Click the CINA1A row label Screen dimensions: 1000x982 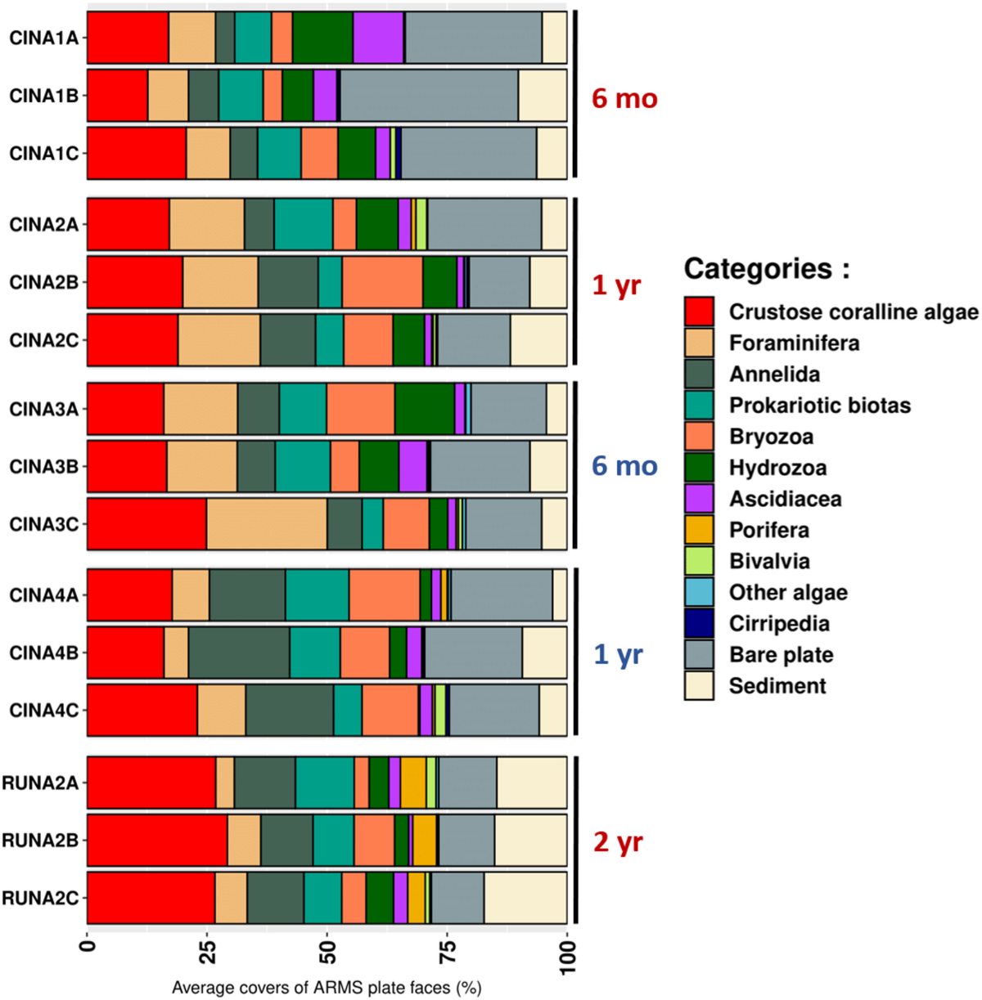click(43, 38)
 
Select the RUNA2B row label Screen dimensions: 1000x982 click(40, 841)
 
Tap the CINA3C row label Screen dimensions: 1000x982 click(43, 524)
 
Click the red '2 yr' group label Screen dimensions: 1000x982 click(618, 842)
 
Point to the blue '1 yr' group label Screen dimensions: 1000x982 click(618, 654)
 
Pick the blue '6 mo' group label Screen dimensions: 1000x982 click(624, 466)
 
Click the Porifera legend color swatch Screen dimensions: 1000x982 click(699, 530)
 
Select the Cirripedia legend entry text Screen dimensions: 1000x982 click(779, 624)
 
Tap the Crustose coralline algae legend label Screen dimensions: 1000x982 click(853, 312)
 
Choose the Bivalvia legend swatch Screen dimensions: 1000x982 click(699, 561)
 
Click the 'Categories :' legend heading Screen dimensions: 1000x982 click(766, 268)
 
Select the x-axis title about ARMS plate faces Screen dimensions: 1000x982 click(327, 988)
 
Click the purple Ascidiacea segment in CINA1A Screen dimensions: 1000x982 click(378, 38)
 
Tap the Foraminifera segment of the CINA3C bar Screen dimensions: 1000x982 click(267, 524)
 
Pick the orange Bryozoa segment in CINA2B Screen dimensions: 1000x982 click(382, 282)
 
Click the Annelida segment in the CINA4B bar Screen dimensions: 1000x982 click(239, 653)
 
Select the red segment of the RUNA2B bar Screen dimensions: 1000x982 click(157, 841)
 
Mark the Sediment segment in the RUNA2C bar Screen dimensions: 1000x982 click(525, 898)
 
